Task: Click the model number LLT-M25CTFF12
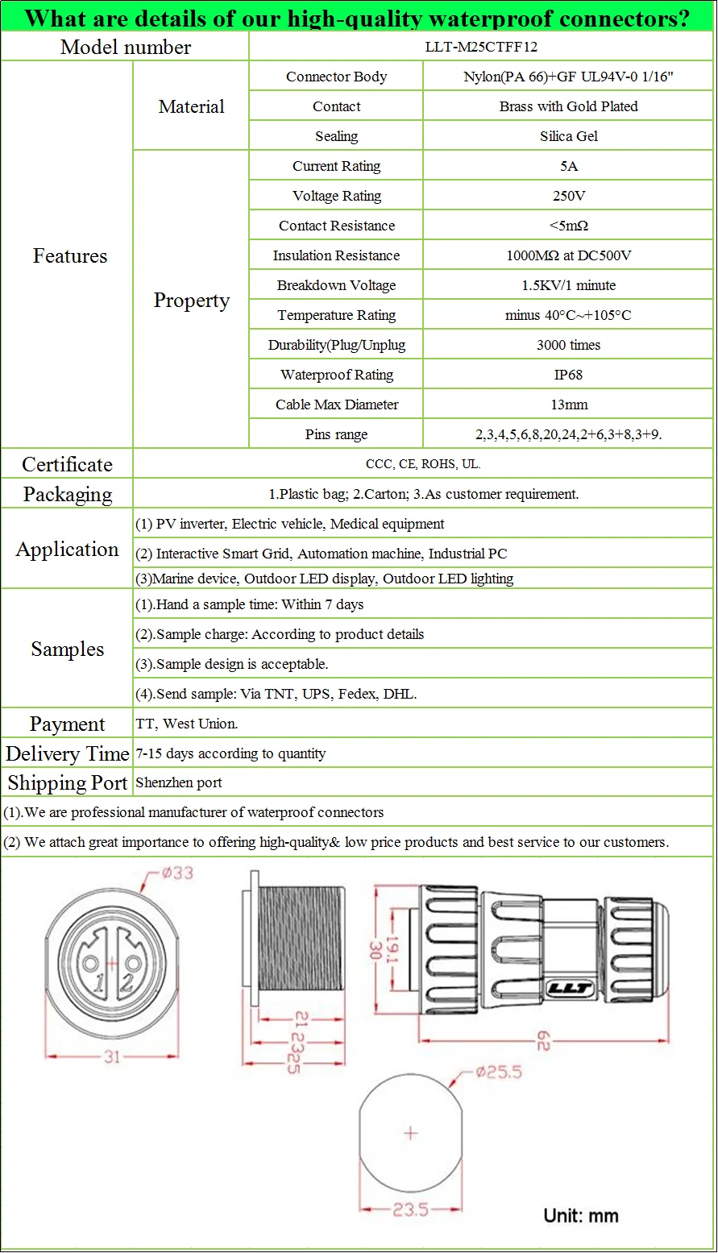tap(481, 47)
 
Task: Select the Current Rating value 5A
tap(568, 166)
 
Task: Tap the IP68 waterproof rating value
tap(568, 375)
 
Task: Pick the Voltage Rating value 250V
tap(568, 196)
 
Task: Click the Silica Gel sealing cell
tap(568, 136)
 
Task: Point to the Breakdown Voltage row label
tap(336, 285)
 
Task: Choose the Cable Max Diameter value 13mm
tap(568, 405)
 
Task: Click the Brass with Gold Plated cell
tap(568, 106)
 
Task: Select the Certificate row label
tap(67, 464)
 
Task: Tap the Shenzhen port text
tap(179, 782)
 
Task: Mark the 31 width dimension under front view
tap(111, 1056)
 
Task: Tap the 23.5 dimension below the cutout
tap(410, 1209)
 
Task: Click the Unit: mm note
tap(581, 1215)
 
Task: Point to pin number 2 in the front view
tap(127, 982)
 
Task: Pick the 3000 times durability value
tap(568, 345)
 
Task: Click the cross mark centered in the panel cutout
tap(411, 1133)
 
